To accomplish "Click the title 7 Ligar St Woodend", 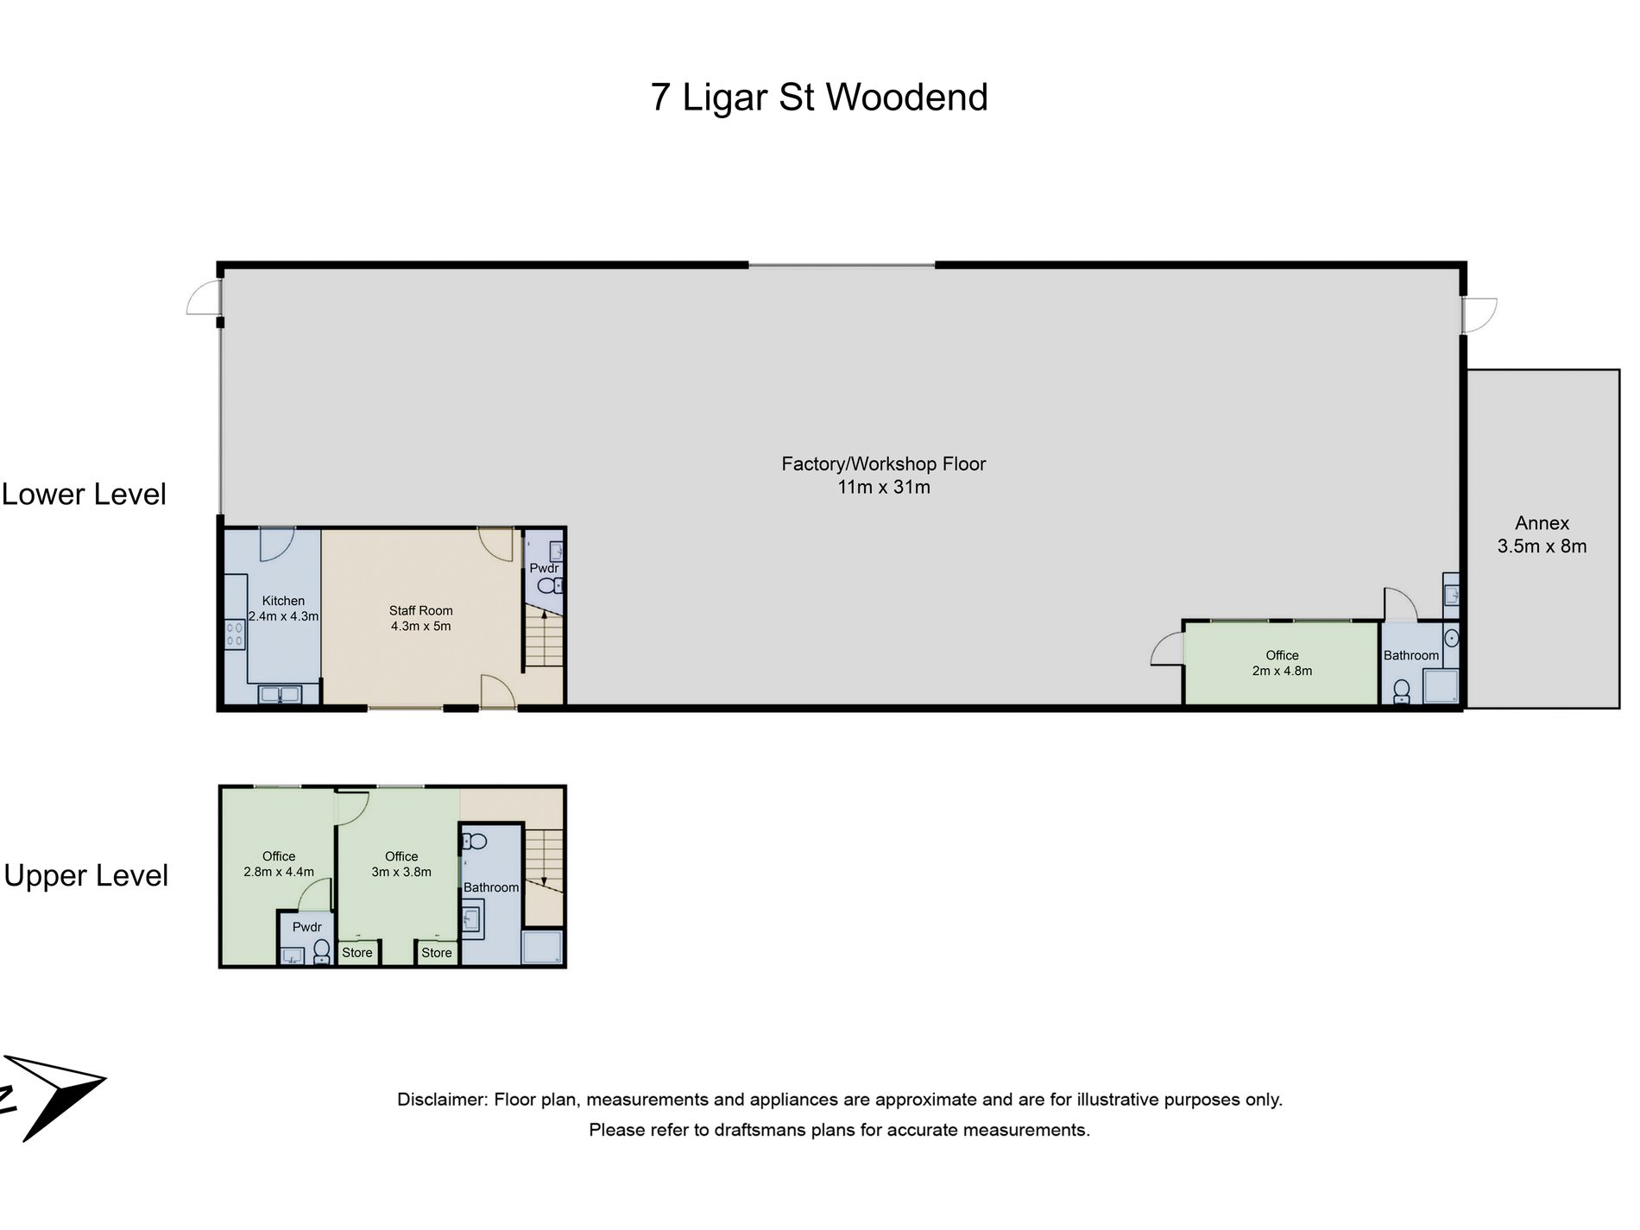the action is (x=818, y=98).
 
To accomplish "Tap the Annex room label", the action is (x=1542, y=523).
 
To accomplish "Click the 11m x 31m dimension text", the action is (x=884, y=488).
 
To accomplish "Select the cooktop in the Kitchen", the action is (x=235, y=635).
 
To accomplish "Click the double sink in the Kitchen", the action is (x=280, y=694).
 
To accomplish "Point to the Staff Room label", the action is (x=420, y=611).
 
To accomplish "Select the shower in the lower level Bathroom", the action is (x=1441, y=687).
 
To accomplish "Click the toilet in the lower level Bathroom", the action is (x=1402, y=692).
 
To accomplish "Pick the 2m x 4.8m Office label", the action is (x=1282, y=663).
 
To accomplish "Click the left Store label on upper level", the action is (x=357, y=953).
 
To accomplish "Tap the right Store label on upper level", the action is (x=437, y=953).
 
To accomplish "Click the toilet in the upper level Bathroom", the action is (x=475, y=841).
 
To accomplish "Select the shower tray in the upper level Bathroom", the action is (x=542, y=947).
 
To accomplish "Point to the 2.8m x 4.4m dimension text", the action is (x=279, y=872).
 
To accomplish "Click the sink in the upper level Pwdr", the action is (x=293, y=956).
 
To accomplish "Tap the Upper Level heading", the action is (x=86, y=876).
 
